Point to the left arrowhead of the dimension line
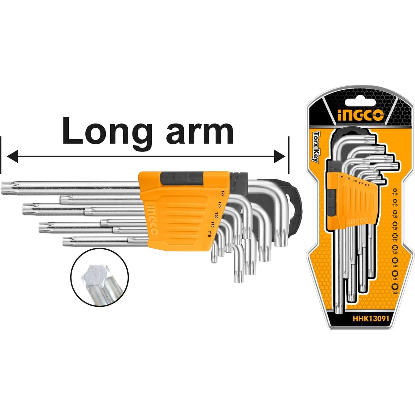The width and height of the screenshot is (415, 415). [x=12, y=156]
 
